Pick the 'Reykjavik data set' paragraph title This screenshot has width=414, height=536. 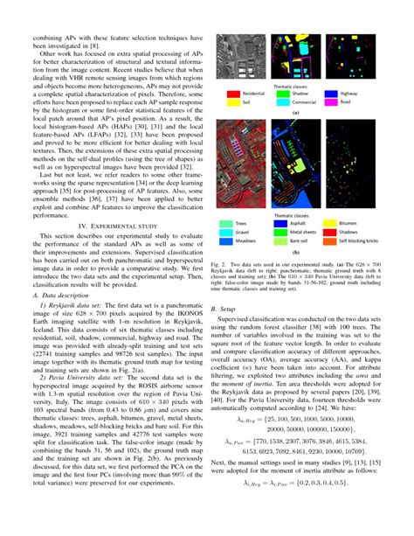[x=80, y=331]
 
